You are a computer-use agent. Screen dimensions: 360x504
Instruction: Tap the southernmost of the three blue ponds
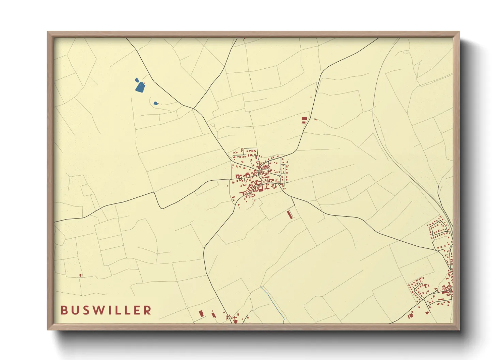pyautogui.click(x=155, y=103)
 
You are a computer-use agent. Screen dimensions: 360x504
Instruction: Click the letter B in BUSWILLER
pyautogui.click(x=64, y=310)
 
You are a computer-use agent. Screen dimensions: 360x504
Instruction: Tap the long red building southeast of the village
pyautogui.click(x=290, y=215)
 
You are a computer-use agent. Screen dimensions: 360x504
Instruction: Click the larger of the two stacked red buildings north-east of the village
pyautogui.click(x=304, y=118)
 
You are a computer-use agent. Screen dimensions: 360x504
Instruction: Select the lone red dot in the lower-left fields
pyautogui.click(x=80, y=275)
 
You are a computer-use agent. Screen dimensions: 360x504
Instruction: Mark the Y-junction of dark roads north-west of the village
pyautogui.click(x=194, y=109)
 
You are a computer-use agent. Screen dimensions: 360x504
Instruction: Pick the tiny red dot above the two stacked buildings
pyautogui.click(x=311, y=97)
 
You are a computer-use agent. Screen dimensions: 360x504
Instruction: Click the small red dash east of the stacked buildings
pyautogui.click(x=316, y=120)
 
